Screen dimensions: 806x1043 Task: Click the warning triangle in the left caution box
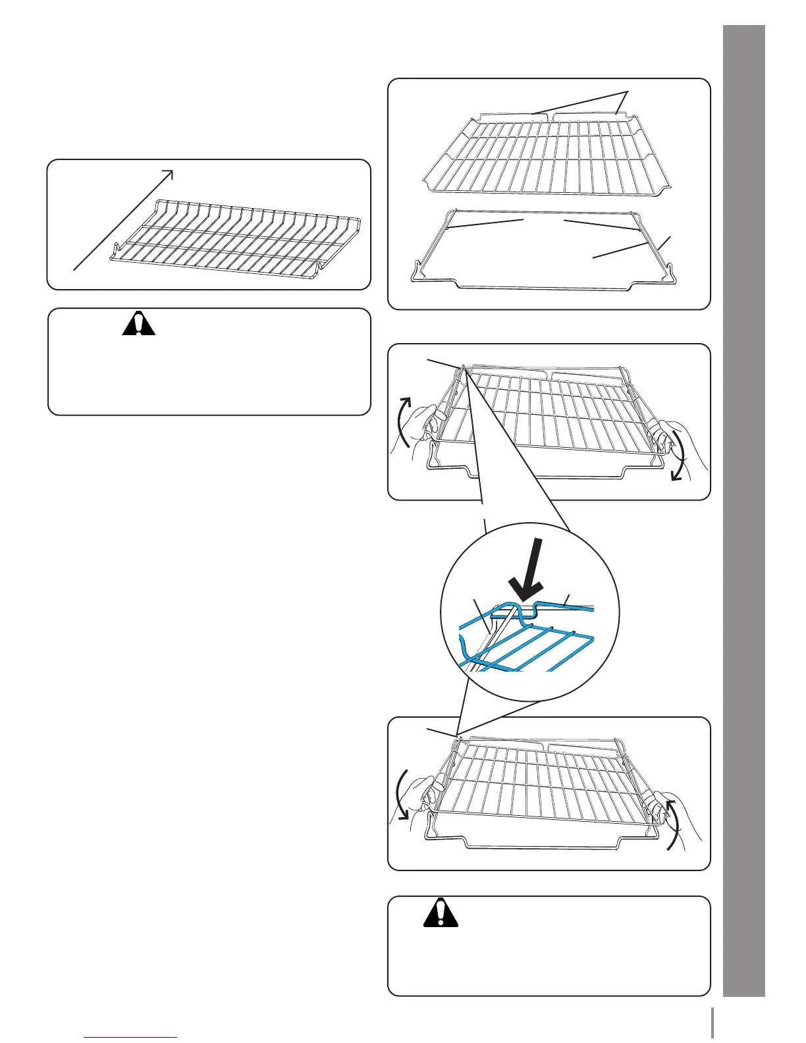pyautogui.click(x=139, y=324)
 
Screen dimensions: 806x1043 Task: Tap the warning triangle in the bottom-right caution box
pyautogui.click(x=441, y=913)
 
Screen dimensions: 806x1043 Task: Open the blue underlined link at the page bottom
pyautogui.click(x=131, y=1037)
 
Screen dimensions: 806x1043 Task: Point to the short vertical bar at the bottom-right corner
pyautogui.click(x=712, y=1024)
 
